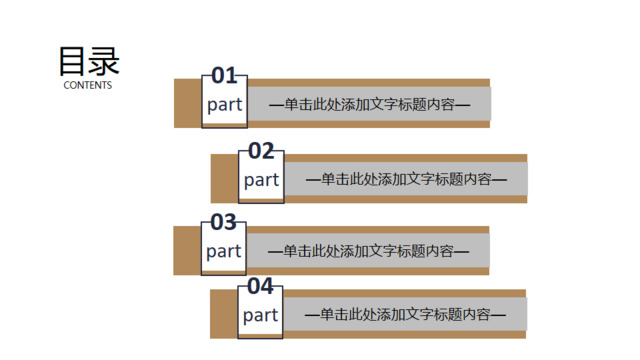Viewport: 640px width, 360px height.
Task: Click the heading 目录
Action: (88, 62)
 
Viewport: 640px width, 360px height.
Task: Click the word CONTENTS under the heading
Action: (88, 85)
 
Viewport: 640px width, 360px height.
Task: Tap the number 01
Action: (224, 77)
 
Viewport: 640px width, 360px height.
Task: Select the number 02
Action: (261, 151)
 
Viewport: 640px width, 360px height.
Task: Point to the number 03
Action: (223, 223)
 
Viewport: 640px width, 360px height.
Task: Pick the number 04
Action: (260, 287)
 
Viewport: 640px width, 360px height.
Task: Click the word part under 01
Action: (224, 105)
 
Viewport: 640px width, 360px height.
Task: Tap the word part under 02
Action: (261, 180)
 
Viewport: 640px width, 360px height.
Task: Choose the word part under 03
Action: (224, 251)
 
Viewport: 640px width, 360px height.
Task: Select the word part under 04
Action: (260, 315)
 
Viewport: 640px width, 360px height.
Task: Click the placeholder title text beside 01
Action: (369, 104)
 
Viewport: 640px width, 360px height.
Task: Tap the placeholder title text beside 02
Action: (406, 179)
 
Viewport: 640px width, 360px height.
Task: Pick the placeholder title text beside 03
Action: (369, 251)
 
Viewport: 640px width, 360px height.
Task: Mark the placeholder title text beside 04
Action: (406, 314)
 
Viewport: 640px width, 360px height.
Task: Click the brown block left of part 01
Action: (187, 103)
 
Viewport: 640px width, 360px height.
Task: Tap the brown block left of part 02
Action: (224, 178)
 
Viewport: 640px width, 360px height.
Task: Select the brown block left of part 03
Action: (187, 250)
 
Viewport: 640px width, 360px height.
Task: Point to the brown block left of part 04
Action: (224, 314)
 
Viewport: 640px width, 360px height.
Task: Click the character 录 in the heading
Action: (104, 62)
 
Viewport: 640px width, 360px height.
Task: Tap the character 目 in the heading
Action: (72, 62)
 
